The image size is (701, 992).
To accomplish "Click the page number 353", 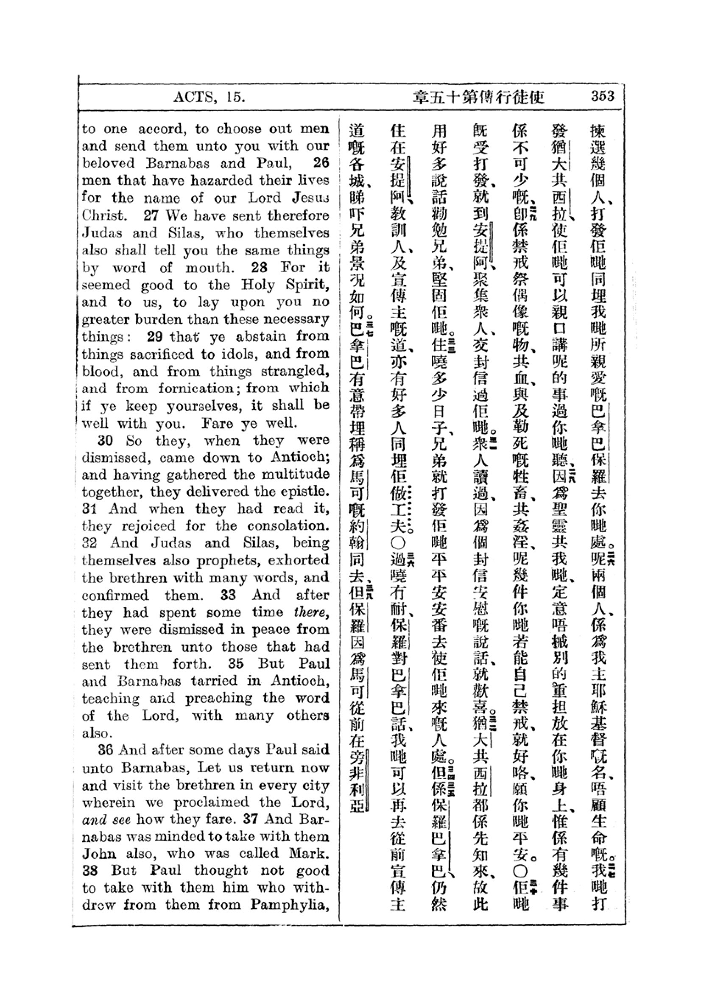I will point(603,96).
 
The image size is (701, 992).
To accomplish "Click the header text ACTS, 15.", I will point(209,97).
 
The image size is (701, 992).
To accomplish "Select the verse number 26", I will point(321,163).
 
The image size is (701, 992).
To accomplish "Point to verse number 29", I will point(155,336).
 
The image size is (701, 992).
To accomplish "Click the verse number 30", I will point(106,440).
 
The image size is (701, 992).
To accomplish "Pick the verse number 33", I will point(228,595).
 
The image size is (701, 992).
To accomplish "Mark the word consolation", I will point(289,526).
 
